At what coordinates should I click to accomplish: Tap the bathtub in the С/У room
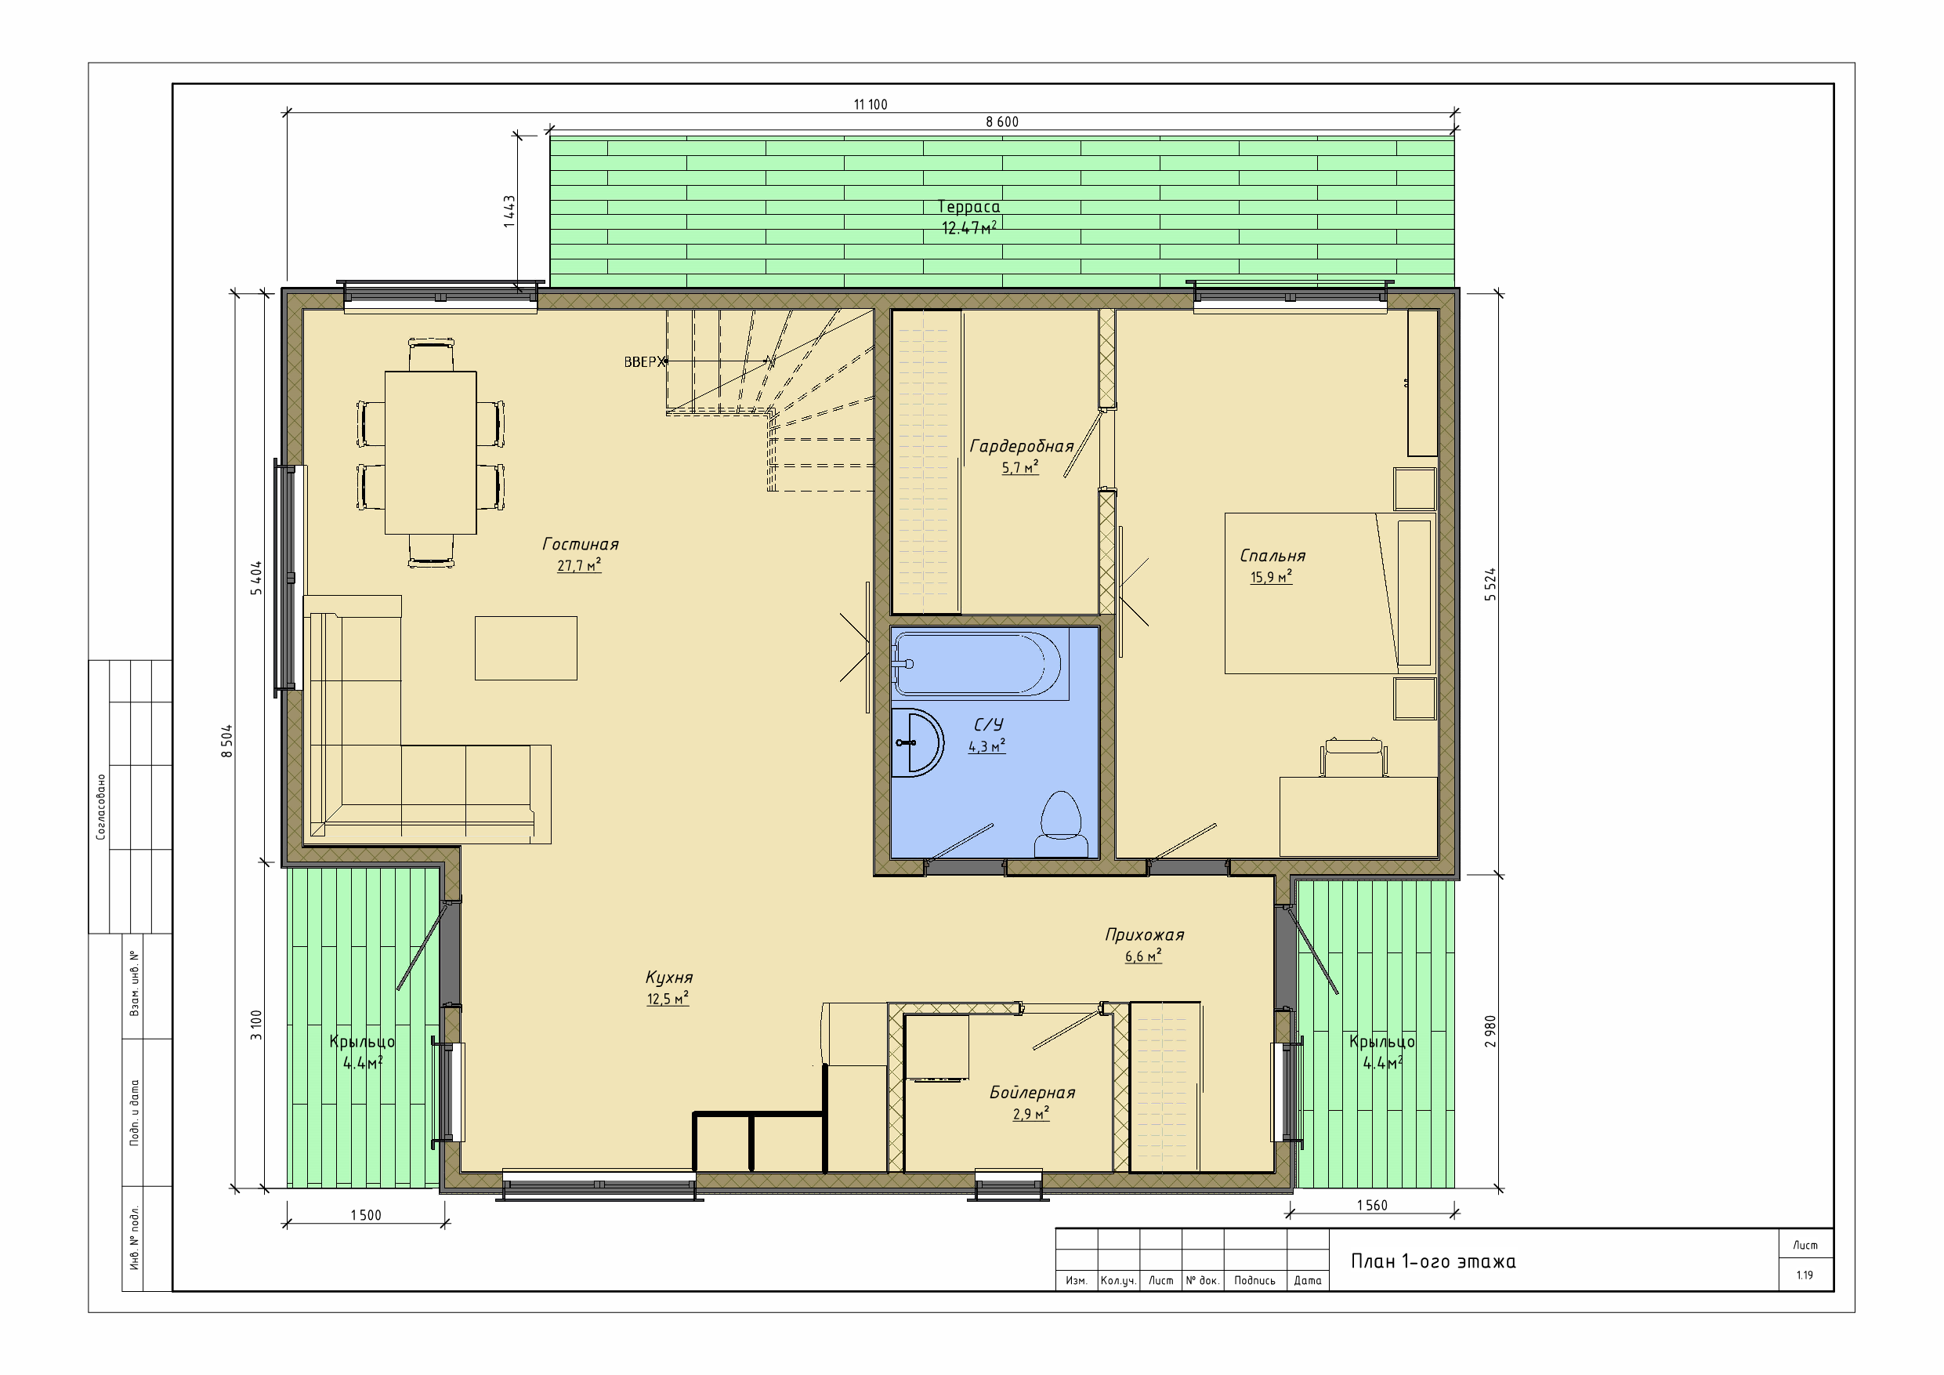coord(978,664)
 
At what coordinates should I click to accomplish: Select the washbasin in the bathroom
coord(917,743)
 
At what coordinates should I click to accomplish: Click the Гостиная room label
coord(580,545)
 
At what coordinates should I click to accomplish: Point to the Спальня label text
coord(1272,557)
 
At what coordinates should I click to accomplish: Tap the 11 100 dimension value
coord(871,105)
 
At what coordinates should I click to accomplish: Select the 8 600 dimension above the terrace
coord(1001,122)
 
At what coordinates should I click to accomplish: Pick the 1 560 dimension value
coord(1372,1206)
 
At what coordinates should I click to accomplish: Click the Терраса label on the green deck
coord(968,208)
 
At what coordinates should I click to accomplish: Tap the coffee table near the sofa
coord(526,648)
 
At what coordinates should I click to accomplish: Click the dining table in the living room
coord(431,452)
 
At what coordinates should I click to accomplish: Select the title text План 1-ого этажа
coord(1432,1261)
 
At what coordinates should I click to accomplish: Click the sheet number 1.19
coord(1805,1275)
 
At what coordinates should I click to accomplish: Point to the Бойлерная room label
coord(1032,1093)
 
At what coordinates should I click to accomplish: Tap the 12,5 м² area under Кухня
coord(668,999)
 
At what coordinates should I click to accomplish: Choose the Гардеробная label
coord(1021,447)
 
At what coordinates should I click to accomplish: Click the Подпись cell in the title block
coord(1254,1281)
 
